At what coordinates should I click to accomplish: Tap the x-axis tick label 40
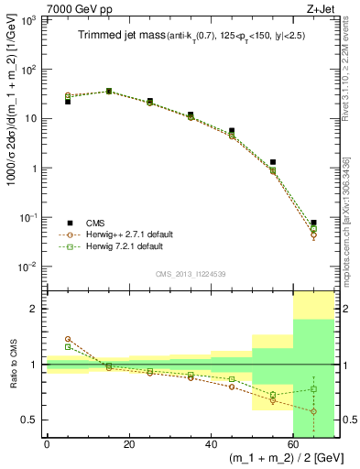coord(211,445)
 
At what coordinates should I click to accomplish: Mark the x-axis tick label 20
coord(128,445)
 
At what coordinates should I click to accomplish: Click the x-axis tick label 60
coord(293,445)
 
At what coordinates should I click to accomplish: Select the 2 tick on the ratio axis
coord(36,309)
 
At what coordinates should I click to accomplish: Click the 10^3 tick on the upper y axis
coord(30,19)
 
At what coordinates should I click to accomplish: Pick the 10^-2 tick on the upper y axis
coord(30,267)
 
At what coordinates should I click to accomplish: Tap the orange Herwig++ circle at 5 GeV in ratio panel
coord(68,339)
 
